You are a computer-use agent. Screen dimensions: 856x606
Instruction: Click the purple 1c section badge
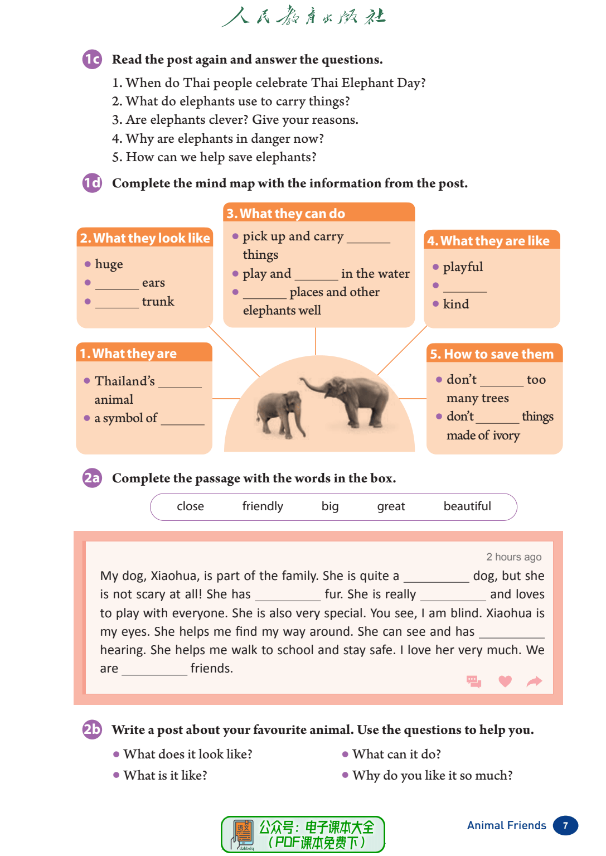93,59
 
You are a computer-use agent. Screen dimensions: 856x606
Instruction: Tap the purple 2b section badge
92,729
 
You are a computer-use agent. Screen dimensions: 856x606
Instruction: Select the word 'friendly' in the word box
263,506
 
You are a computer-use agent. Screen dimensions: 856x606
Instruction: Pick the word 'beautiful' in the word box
467,506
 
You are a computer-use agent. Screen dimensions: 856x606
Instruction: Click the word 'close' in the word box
190,506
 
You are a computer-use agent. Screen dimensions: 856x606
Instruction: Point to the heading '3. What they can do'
286,214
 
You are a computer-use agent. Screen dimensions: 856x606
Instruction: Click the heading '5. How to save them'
492,354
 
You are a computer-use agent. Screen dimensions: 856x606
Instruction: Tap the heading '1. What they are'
128,354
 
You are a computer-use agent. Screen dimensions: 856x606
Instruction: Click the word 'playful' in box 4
463,267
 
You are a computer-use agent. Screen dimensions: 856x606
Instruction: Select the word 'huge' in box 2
109,264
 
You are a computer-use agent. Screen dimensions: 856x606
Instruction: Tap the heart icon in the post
505,681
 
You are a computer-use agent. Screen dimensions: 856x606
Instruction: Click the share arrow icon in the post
534,681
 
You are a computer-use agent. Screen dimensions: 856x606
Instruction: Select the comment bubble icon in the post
474,681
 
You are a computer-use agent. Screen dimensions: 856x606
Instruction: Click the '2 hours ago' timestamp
513,557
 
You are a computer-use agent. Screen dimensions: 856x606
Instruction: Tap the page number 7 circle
565,826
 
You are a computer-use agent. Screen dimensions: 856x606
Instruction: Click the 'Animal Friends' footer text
506,825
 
